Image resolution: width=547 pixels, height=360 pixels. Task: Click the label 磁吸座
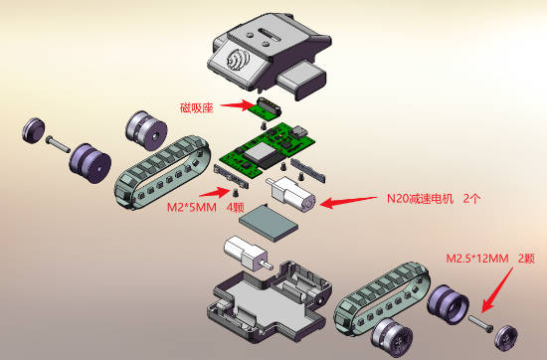pos(196,107)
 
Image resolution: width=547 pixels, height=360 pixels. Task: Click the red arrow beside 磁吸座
pos(236,104)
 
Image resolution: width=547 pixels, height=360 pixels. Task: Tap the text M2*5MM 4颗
pos(206,208)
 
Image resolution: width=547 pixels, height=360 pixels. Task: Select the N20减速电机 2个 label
pos(434,199)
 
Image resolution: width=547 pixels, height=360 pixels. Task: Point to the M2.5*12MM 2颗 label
pos(490,259)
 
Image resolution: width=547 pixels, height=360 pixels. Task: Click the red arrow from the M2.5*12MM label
pos(497,289)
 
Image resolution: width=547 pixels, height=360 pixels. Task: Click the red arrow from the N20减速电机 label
pos(348,202)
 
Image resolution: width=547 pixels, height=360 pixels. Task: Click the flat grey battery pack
pos(269,223)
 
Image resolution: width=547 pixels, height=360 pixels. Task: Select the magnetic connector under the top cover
pos(266,107)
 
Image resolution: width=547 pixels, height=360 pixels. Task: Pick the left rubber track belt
pos(162,172)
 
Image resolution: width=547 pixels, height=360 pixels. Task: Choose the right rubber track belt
pos(381,298)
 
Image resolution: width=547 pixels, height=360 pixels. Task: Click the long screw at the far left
pos(59,144)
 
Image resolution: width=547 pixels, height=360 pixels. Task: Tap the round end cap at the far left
pos(34,130)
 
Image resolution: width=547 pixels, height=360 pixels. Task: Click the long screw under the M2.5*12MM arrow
pos(480,323)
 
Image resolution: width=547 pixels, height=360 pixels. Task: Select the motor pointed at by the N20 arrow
pos(291,194)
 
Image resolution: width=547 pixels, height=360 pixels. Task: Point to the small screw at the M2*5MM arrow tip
pos(237,191)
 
